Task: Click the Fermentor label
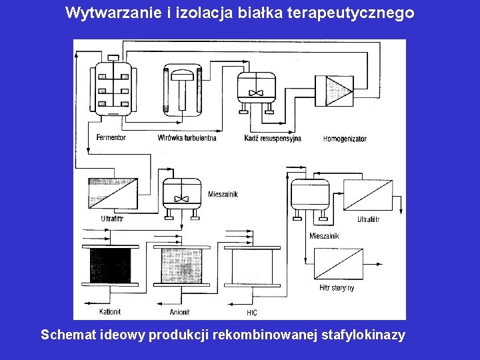pyautogui.click(x=111, y=138)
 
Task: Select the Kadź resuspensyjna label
pyautogui.click(x=273, y=138)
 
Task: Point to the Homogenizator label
pyautogui.click(x=345, y=139)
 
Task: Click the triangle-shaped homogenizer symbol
pyautogui.click(x=339, y=90)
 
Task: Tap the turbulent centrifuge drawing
pyautogui.click(x=181, y=90)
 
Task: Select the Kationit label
pyautogui.click(x=110, y=311)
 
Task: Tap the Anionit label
pyautogui.click(x=180, y=311)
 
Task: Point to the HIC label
pyautogui.click(x=251, y=312)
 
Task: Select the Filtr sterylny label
pyautogui.click(x=337, y=288)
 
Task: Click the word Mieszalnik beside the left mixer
pyautogui.click(x=223, y=194)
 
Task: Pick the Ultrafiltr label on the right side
pyautogui.click(x=368, y=219)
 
